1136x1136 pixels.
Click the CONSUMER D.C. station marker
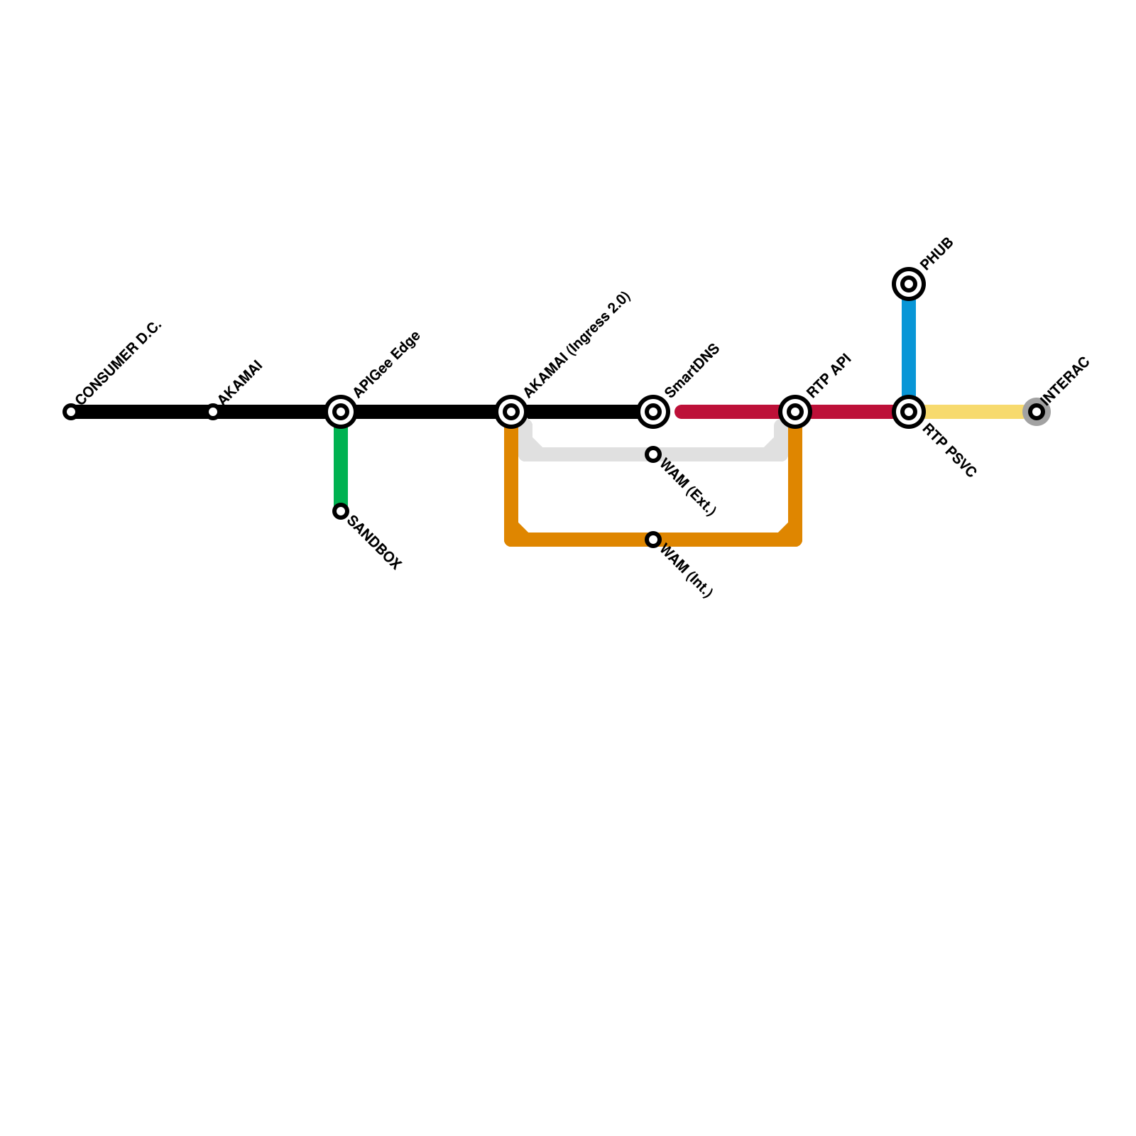70,412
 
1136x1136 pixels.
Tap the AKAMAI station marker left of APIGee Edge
213,412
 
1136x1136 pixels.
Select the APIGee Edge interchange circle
341,412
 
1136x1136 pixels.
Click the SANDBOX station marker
341,511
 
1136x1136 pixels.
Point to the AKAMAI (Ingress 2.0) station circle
511,412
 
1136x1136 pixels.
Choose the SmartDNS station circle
653,412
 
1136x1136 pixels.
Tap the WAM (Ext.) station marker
653,454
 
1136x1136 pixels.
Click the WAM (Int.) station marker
653,540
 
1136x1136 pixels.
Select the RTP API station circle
795,412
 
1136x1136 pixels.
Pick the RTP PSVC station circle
909,412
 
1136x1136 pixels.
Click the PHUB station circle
909,284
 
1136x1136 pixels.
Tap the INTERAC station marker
1037,412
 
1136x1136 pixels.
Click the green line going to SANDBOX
341,465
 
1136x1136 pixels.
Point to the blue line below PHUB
909,348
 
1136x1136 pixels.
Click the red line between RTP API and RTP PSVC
852,412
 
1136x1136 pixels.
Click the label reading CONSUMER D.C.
119,361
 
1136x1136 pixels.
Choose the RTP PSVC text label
950,450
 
